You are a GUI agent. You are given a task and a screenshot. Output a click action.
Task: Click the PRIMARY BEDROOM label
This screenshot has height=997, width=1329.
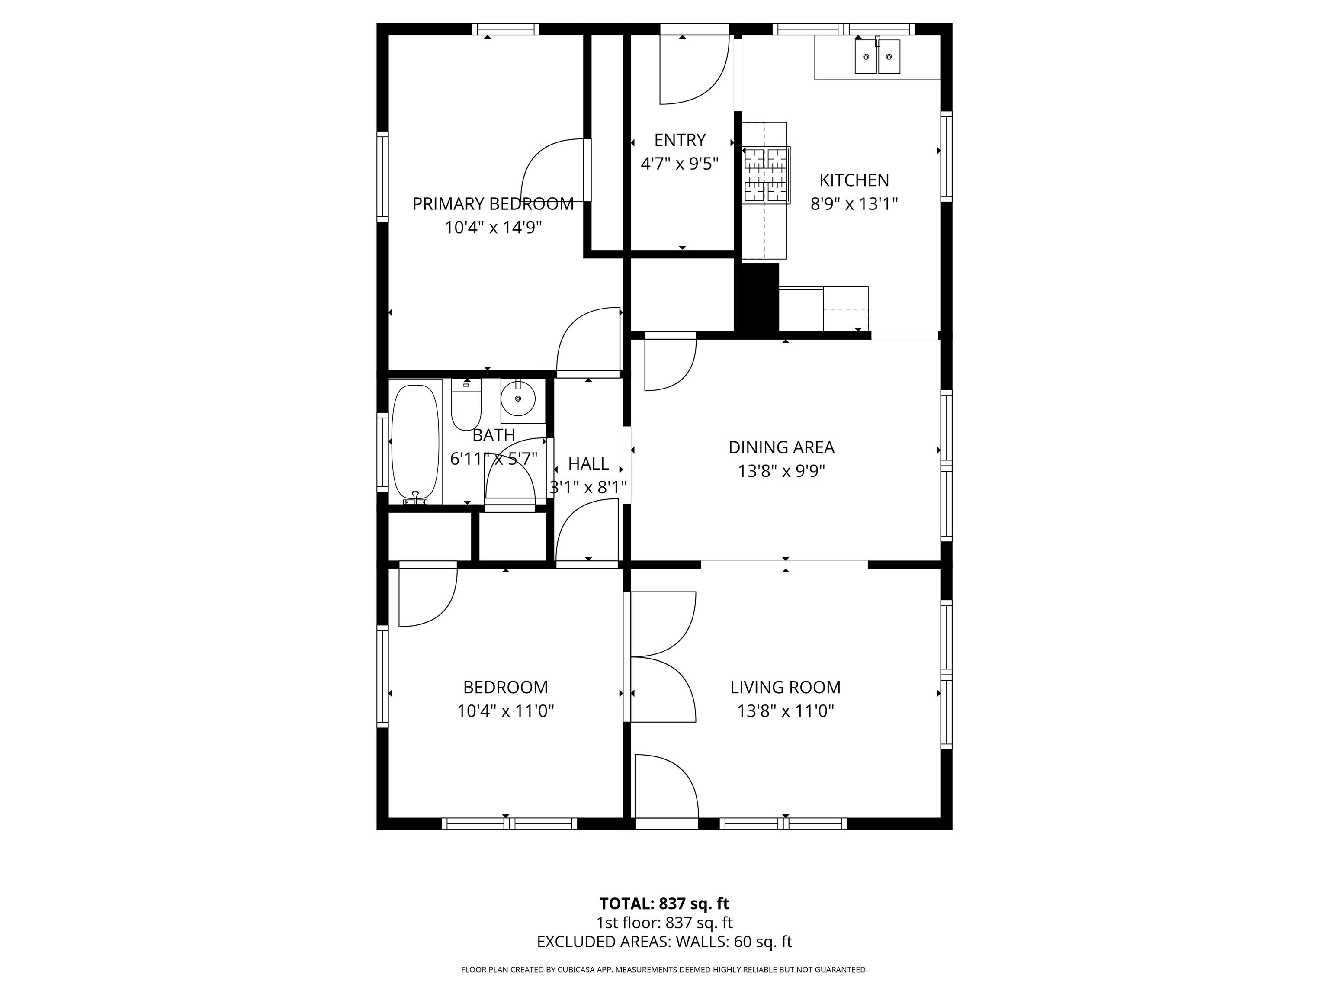click(493, 204)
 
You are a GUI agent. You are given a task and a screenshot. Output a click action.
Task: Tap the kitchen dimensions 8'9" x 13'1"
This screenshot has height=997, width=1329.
click(854, 204)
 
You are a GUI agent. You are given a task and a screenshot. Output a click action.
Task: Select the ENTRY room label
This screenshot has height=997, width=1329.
click(680, 140)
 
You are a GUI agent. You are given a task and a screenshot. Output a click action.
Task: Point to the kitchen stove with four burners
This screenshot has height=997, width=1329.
click(766, 174)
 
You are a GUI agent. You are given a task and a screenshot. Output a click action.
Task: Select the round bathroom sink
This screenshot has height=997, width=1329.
click(517, 399)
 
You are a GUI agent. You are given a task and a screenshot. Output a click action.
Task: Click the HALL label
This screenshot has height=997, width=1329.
click(588, 464)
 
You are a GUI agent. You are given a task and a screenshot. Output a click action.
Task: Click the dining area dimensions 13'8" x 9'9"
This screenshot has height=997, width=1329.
click(781, 471)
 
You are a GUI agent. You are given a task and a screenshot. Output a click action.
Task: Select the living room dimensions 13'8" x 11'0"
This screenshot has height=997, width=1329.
click(785, 711)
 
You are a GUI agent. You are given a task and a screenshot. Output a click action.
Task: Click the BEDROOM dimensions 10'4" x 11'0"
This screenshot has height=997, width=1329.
click(505, 711)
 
